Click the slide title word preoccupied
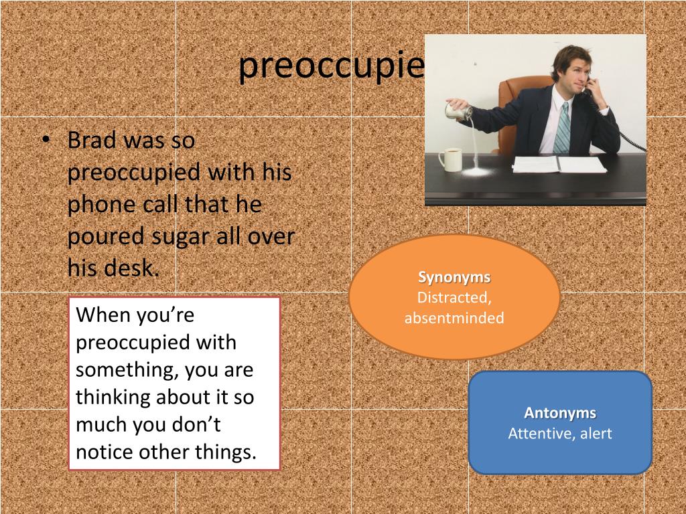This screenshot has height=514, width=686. (x=332, y=66)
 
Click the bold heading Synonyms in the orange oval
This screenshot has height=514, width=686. (x=454, y=277)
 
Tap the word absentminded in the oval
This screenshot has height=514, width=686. (x=454, y=318)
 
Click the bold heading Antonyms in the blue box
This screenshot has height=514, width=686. (x=560, y=413)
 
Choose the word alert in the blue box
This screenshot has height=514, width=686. (x=596, y=433)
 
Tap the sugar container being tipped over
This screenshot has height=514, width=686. (x=460, y=112)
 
